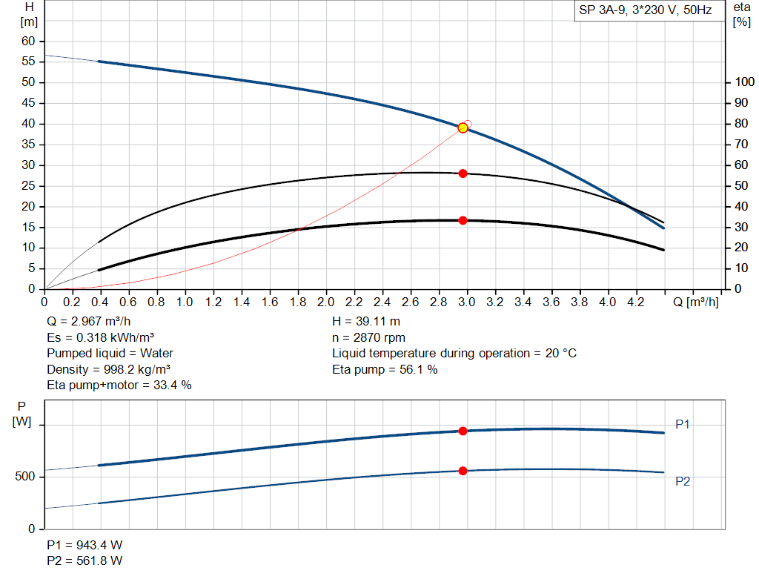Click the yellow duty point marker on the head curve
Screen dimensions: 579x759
pos(463,128)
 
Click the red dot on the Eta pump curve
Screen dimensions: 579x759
pos(463,173)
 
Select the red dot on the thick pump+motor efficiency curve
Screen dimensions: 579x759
pos(463,220)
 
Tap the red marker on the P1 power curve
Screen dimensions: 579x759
pos(463,431)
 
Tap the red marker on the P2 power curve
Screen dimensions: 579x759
pos(463,471)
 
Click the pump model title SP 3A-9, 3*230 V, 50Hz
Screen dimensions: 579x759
pos(645,11)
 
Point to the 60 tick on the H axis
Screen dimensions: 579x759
pos(27,41)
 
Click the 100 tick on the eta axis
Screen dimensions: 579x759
pos(743,82)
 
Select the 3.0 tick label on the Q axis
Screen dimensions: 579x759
pos(467,302)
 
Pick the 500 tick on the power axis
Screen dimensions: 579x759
pos(24,477)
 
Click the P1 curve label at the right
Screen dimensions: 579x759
pos(683,424)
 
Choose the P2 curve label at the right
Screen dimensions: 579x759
pos(683,481)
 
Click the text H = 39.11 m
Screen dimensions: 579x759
pos(368,322)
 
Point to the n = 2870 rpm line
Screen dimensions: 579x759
pos(368,337)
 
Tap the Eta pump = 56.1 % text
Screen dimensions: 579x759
pos(385,369)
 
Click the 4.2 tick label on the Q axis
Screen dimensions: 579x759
pos(636,302)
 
